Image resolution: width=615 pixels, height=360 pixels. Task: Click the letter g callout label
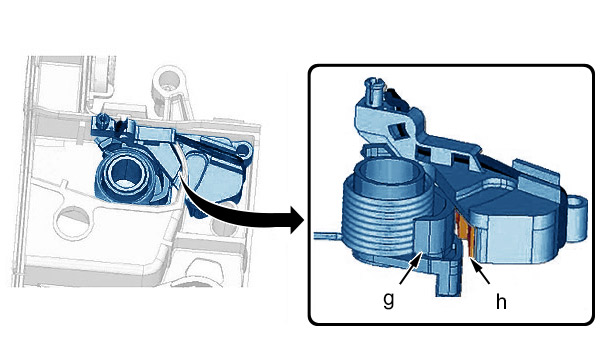point(388,300)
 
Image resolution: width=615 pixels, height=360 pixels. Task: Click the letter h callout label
point(501,302)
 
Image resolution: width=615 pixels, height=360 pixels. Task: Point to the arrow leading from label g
point(411,268)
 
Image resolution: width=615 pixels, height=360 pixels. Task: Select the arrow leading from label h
point(480,271)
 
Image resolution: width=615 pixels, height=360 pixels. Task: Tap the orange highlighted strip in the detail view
point(467,235)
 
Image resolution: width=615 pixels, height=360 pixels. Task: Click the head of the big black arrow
point(297,219)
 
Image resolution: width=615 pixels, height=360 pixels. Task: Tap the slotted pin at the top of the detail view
point(375,91)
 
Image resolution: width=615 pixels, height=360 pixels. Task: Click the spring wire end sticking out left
point(328,235)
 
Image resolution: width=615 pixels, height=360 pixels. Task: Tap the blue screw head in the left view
point(104,118)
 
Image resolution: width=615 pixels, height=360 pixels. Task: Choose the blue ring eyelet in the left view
point(244,149)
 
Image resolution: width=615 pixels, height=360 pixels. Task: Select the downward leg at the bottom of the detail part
point(448,279)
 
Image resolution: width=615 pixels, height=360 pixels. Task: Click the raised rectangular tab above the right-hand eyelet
point(536,175)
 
